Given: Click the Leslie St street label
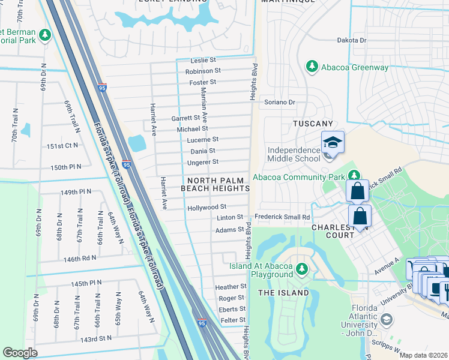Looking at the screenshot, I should [203, 61].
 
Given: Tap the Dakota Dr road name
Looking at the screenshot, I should [351, 40].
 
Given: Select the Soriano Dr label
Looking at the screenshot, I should [280, 103].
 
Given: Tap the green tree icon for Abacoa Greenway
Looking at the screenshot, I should [312, 66].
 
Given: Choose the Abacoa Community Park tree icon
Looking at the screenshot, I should [355, 176].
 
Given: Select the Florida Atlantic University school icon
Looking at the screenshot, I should [387, 319].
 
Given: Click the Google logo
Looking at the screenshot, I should [20, 353].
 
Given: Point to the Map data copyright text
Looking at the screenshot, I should [423, 355].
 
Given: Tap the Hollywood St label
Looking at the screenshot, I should [206, 207].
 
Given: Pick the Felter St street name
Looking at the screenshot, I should [232, 320].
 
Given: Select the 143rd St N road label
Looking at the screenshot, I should [96, 339].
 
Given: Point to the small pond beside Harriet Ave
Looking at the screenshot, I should [137, 143].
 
